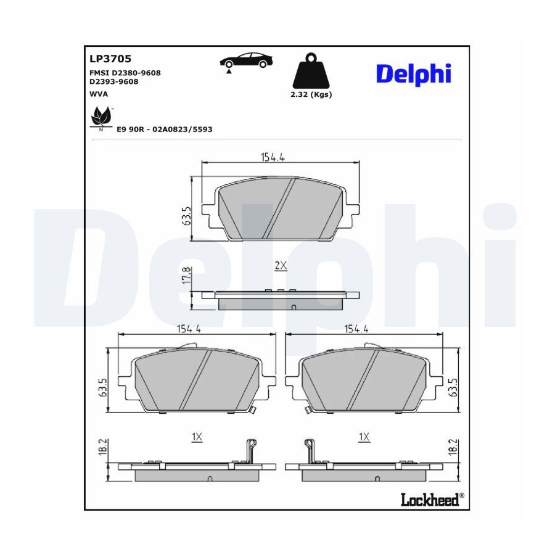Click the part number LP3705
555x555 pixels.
click(x=110, y=59)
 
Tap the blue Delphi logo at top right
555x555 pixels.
click(x=413, y=75)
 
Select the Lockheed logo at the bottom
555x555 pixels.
click(x=432, y=499)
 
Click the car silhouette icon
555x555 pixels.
click(x=246, y=60)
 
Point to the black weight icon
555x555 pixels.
click(x=311, y=70)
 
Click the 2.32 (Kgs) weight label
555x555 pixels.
click(x=311, y=94)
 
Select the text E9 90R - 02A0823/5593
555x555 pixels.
click(x=165, y=129)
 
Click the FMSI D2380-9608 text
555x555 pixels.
click(x=125, y=73)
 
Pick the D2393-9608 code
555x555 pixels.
click(x=113, y=82)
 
